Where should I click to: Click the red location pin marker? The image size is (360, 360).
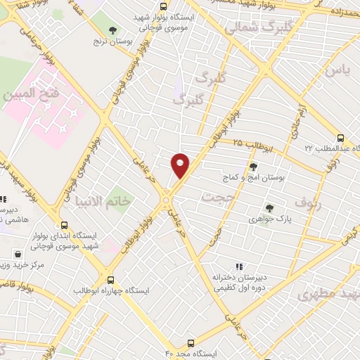[x=181, y=165]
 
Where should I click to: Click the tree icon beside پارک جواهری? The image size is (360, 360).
[x=269, y=208]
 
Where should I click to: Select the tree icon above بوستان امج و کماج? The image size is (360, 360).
[x=253, y=167]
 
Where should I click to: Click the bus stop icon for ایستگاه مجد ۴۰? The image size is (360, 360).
[x=192, y=344]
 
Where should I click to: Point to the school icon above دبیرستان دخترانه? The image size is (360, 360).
[x=238, y=266]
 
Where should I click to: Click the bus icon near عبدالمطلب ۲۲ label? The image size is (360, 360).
[x=341, y=138]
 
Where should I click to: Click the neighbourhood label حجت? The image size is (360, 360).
[x=217, y=197]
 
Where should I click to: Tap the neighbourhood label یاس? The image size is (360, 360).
[x=336, y=70]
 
